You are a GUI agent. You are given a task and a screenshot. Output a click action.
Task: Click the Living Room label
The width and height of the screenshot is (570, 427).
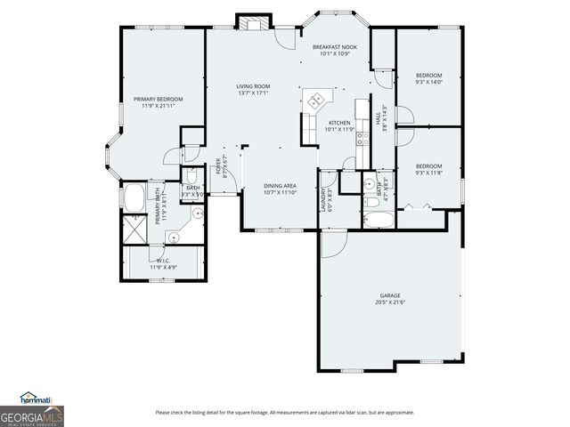[253, 86]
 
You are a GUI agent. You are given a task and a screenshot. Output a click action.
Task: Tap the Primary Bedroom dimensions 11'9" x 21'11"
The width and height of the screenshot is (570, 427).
[158, 106]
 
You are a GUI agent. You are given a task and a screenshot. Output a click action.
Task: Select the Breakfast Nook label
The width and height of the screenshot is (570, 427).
[335, 46]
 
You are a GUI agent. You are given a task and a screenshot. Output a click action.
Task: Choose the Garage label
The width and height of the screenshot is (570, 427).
[390, 295]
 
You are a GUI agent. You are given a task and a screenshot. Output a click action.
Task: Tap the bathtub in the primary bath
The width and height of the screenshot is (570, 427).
[135, 198]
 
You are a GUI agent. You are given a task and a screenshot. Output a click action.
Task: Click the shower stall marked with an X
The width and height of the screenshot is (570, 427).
[135, 228]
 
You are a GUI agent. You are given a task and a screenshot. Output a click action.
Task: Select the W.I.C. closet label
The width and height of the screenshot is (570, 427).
[164, 262]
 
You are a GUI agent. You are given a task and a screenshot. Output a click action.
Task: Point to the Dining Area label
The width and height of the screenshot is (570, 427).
[280, 185]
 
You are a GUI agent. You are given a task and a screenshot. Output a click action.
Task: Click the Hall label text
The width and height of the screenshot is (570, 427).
[378, 117]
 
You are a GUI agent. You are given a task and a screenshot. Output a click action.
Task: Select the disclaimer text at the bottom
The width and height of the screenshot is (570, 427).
[284, 412]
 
